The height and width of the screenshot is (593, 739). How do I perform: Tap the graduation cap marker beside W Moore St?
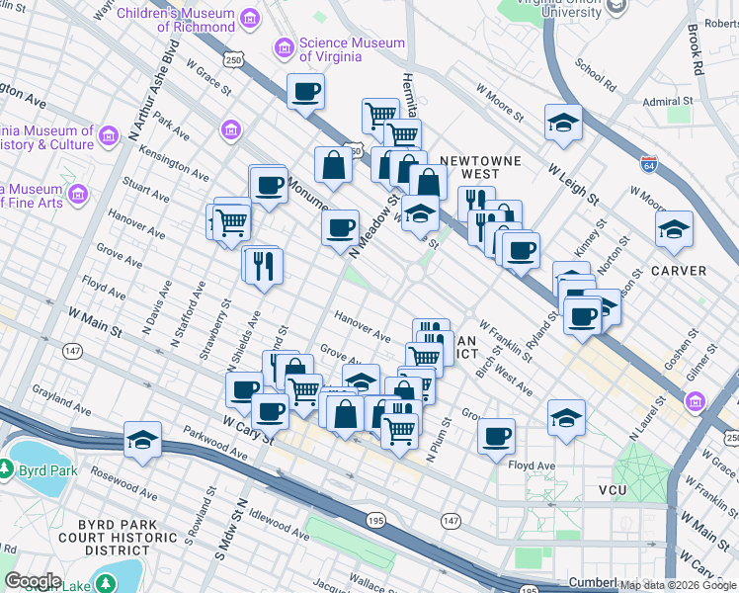click(562, 123)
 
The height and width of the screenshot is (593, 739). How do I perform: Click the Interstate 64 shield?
click(649, 164)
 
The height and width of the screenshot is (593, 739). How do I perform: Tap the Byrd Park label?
click(48, 470)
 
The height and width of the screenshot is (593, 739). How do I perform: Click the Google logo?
click(33, 581)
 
